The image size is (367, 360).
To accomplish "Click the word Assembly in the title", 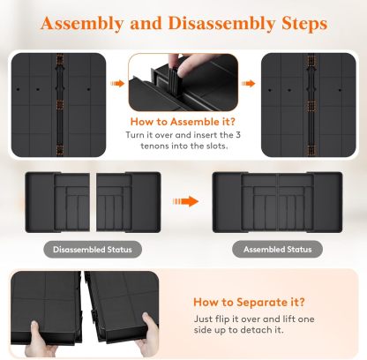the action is pyautogui.click(x=82, y=24).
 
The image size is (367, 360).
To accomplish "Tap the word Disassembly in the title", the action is pyautogui.click(x=221, y=24).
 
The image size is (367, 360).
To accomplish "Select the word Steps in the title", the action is pyautogui.click(x=304, y=24).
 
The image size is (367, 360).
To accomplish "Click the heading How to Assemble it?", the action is pyautogui.click(x=183, y=122).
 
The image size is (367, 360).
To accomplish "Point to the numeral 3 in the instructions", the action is pyautogui.click(x=238, y=135).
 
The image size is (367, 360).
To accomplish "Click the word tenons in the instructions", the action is pyautogui.click(x=154, y=146).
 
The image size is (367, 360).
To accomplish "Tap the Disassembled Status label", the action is pyautogui.click(x=93, y=250).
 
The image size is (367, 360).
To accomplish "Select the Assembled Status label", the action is pyautogui.click(x=277, y=250).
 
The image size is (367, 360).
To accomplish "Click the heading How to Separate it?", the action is pyautogui.click(x=249, y=302).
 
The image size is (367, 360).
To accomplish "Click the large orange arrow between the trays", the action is pyautogui.click(x=185, y=201).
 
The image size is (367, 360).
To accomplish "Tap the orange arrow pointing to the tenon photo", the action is pyautogui.click(x=117, y=84).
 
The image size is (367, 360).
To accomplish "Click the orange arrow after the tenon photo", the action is pyautogui.click(x=248, y=84).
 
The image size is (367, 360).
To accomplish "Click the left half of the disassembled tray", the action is pyautogui.click(x=57, y=202).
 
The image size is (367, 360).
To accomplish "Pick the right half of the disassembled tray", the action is pyautogui.click(x=129, y=202).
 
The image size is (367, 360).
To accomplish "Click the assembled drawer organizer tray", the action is pyautogui.click(x=277, y=202).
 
